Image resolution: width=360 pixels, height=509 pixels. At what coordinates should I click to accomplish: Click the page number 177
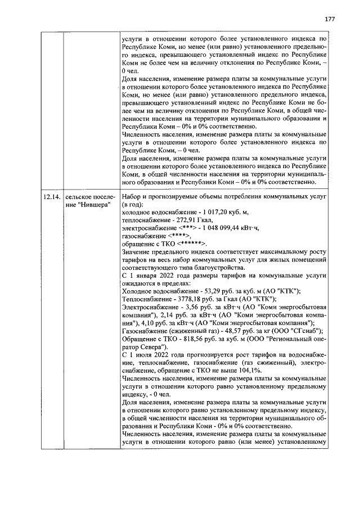click(x=330, y=19)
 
